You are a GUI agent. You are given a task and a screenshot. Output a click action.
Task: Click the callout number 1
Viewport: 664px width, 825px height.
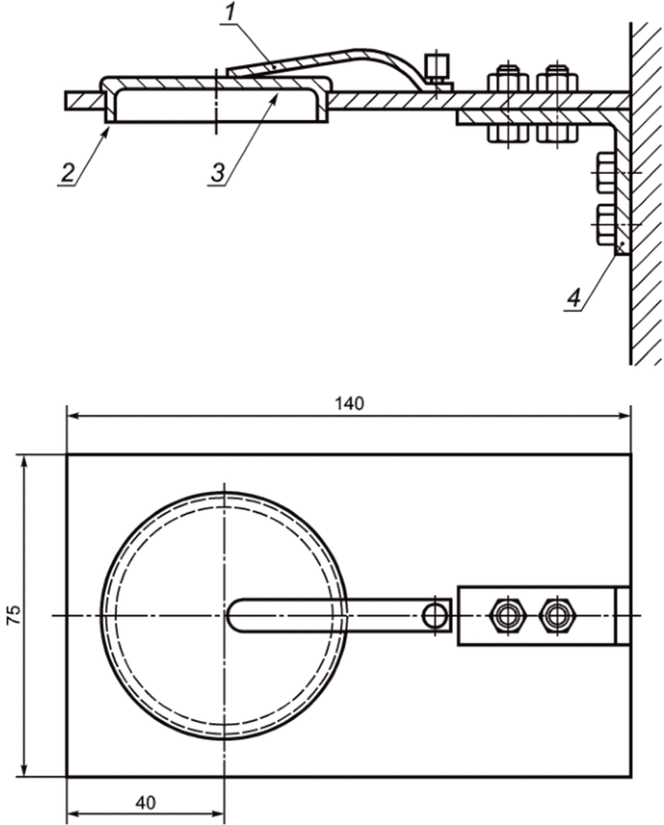(230, 12)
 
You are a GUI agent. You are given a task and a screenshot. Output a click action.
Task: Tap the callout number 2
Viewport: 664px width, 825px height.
(68, 172)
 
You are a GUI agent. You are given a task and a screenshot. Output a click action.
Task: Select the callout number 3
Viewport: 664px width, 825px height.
(219, 172)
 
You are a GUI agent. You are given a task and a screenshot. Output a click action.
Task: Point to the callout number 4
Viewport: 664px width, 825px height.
(574, 298)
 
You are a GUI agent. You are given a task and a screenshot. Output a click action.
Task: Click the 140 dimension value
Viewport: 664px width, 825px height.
(349, 403)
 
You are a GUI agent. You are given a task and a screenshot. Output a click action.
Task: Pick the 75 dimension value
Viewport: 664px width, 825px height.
(15, 615)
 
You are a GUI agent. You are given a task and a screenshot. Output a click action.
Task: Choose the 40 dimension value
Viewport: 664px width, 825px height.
(146, 803)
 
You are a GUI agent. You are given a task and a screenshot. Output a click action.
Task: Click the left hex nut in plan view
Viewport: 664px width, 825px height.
(507, 615)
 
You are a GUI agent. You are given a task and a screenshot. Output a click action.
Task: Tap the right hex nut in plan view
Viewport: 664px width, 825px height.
(557, 615)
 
